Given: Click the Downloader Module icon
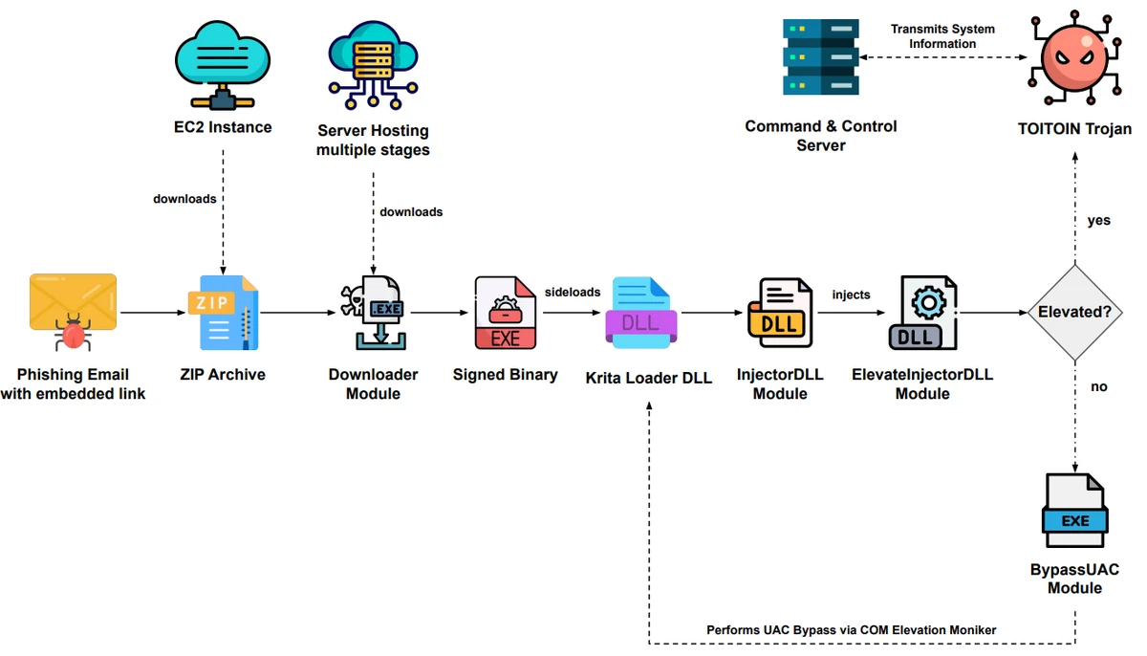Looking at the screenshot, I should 372,313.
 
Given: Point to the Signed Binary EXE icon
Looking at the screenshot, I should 506,313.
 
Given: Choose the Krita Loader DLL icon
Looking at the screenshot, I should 641,313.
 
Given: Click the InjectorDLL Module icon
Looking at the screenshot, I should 779,313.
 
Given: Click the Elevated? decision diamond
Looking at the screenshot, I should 1074,313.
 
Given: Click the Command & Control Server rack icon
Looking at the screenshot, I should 820,57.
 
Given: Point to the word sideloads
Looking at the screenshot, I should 573,292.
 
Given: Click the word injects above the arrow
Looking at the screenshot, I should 851,295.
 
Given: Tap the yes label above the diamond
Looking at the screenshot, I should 1099,220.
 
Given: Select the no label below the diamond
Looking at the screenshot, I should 1099,387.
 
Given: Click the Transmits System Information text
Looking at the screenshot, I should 942,36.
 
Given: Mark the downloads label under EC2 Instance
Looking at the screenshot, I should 184,199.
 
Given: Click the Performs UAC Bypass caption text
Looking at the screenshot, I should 851,630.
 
